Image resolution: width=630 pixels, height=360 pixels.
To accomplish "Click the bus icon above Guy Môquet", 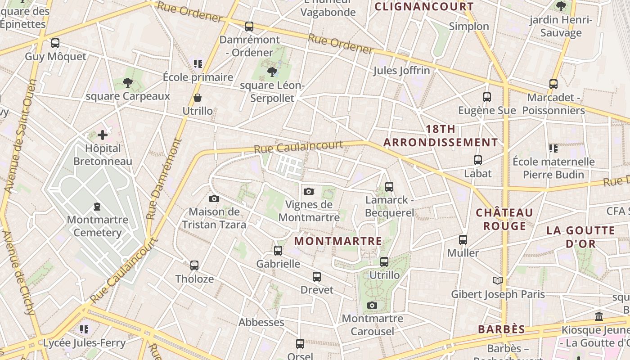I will coord(55,43).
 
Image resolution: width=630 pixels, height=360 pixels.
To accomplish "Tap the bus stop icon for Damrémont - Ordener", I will coord(249,27).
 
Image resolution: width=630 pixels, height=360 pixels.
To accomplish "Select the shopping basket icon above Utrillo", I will coord(198,98).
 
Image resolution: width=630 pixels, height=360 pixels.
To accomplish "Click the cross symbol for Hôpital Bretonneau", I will coord(103,135).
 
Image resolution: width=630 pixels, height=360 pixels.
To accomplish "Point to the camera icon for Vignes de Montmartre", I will coord(309,191).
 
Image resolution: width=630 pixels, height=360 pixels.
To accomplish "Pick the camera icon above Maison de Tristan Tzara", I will coord(214,198).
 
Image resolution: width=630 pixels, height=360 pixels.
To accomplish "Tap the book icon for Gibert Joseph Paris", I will coord(497,281).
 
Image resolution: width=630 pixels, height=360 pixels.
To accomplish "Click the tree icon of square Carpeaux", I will coord(128,82).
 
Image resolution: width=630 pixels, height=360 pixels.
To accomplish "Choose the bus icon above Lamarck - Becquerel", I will coord(389,186).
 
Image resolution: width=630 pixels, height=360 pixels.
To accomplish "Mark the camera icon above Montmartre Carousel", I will coord(372,306).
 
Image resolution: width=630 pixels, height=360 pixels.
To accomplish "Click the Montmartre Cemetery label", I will coord(97,226).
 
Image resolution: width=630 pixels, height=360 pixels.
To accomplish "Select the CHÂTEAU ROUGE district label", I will coord(504,219).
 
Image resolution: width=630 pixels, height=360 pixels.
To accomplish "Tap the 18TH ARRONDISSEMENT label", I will coord(441,136).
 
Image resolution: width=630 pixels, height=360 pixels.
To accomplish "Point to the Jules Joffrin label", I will coord(401,71).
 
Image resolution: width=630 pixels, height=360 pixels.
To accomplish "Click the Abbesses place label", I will coord(261,322).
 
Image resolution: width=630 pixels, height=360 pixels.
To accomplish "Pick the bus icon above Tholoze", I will coord(194,265).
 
